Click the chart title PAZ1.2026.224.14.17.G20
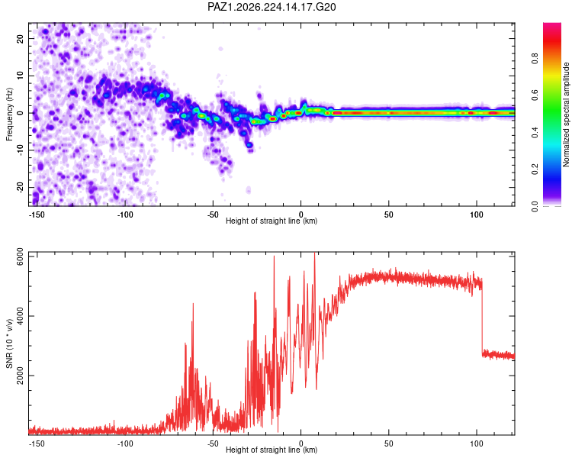[272, 7]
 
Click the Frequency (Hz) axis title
[9, 114]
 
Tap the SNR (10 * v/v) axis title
[9, 343]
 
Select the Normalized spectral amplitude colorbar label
[566, 114]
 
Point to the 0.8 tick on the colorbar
[535, 59]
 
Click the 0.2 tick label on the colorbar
[535, 169]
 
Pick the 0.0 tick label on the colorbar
[535, 206]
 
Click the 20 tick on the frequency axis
[20, 39]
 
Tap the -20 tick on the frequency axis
[20, 188]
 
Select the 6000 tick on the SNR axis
[20, 257]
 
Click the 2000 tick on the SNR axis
[20, 376]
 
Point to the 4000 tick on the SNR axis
[20, 316]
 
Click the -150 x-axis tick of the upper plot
[37, 214]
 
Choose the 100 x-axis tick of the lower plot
[477, 443]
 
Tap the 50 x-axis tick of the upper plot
[388, 214]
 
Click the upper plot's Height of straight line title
[272, 221]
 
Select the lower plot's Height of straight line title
[272, 450]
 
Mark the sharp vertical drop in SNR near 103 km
[482, 317]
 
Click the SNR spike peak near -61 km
[193, 304]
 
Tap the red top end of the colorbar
[552, 24]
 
